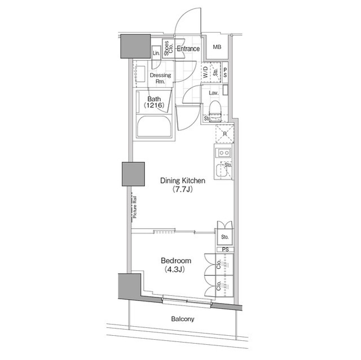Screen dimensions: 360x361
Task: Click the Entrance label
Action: coord(188,49)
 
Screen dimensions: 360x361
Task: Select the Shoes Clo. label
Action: coord(167,49)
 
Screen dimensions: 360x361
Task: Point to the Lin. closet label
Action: coord(156,53)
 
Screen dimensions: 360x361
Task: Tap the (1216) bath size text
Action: coord(154,105)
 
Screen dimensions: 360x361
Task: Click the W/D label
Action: coord(205,71)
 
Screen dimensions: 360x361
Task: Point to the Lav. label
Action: coord(213,92)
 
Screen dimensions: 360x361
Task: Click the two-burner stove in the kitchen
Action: coord(222,153)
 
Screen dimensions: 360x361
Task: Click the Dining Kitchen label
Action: coord(182,181)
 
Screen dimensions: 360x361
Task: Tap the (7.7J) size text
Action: coord(182,190)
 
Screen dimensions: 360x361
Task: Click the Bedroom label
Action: coord(176,261)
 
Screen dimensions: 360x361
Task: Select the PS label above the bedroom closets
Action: coord(224,249)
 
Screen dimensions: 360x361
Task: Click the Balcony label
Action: coord(182,319)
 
